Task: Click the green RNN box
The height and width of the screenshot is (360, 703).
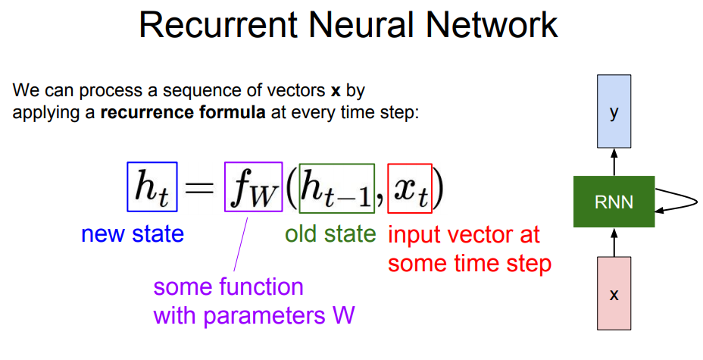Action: pyautogui.click(x=614, y=202)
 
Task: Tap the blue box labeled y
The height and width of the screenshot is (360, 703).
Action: pyautogui.click(x=614, y=111)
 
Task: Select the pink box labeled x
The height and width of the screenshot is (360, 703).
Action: pyautogui.click(x=614, y=293)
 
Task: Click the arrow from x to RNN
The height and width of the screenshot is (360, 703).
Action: pyautogui.click(x=614, y=242)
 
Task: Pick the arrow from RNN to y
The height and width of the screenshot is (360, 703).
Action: pyautogui.click(x=614, y=162)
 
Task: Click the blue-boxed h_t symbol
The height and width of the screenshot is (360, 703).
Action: pyautogui.click(x=152, y=187)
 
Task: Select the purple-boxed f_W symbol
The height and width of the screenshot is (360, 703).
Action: pyautogui.click(x=253, y=187)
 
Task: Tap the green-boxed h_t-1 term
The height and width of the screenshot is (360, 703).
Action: pyautogui.click(x=336, y=187)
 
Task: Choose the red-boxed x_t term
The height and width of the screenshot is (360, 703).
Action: pyautogui.click(x=410, y=188)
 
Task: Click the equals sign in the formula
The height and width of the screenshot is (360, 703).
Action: pyautogui.click(x=200, y=188)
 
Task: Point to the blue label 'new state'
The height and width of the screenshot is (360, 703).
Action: pyautogui.click(x=133, y=234)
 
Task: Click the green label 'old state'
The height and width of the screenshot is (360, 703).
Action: pyautogui.click(x=331, y=234)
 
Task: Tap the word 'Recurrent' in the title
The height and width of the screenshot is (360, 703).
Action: pyautogui.click(x=218, y=25)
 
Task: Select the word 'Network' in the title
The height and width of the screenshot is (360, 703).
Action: pyautogui.click(x=492, y=25)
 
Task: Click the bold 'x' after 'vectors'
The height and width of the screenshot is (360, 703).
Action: pyautogui.click(x=336, y=91)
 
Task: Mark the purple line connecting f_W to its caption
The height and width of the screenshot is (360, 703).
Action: pyautogui.click(x=241, y=245)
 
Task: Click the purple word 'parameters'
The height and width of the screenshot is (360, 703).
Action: pyautogui.click(x=264, y=316)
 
